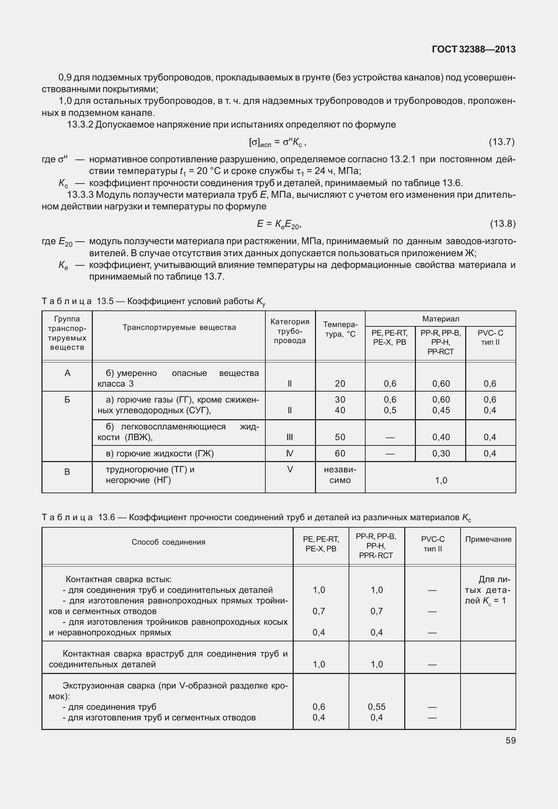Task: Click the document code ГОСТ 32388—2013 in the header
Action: (x=474, y=50)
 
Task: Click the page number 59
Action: (x=511, y=740)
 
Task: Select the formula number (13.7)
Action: (x=501, y=142)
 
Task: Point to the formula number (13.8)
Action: (x=502, y=224)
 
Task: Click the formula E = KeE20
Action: (x=279, y=224)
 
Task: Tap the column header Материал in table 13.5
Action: (x=440, y=319)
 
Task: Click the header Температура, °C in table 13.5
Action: (x=340, y=329)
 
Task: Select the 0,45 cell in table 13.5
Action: (x=441, y=410)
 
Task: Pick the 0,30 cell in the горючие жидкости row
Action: (x=441, y=454)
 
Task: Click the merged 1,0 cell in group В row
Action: (x=441, y=481)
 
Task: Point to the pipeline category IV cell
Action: (x=290, y=454)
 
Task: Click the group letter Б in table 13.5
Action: (x=67, y=400)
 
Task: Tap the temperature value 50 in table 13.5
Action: (x=340, y=437)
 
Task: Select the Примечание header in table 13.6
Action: (x=488, y=539)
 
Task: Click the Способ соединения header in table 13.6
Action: (x=168, y=542)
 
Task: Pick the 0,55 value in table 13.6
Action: (x=377, y=707)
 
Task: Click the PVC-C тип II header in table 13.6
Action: (x=433, y=544)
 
